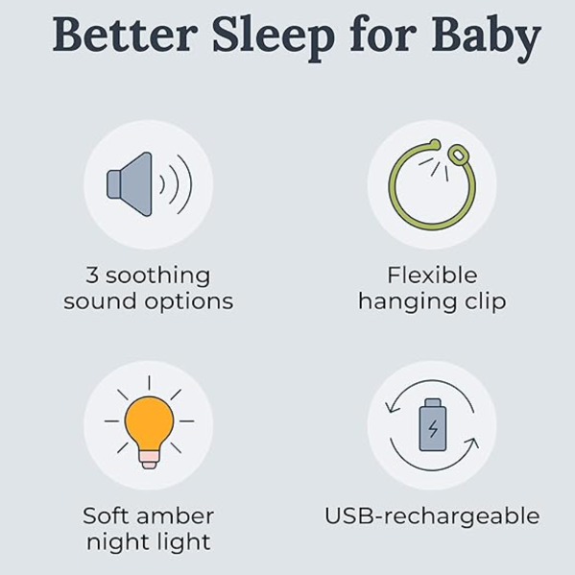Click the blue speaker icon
(129, 184)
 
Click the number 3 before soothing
(92, 276)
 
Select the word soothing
(158, 276)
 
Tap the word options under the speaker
(189, 302)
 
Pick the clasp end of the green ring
(457, 155)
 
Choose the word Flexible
(432, 276)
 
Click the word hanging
(407, 302)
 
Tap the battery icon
(433, 424)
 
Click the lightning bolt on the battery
(433, 428)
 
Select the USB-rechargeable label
(432, 517)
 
